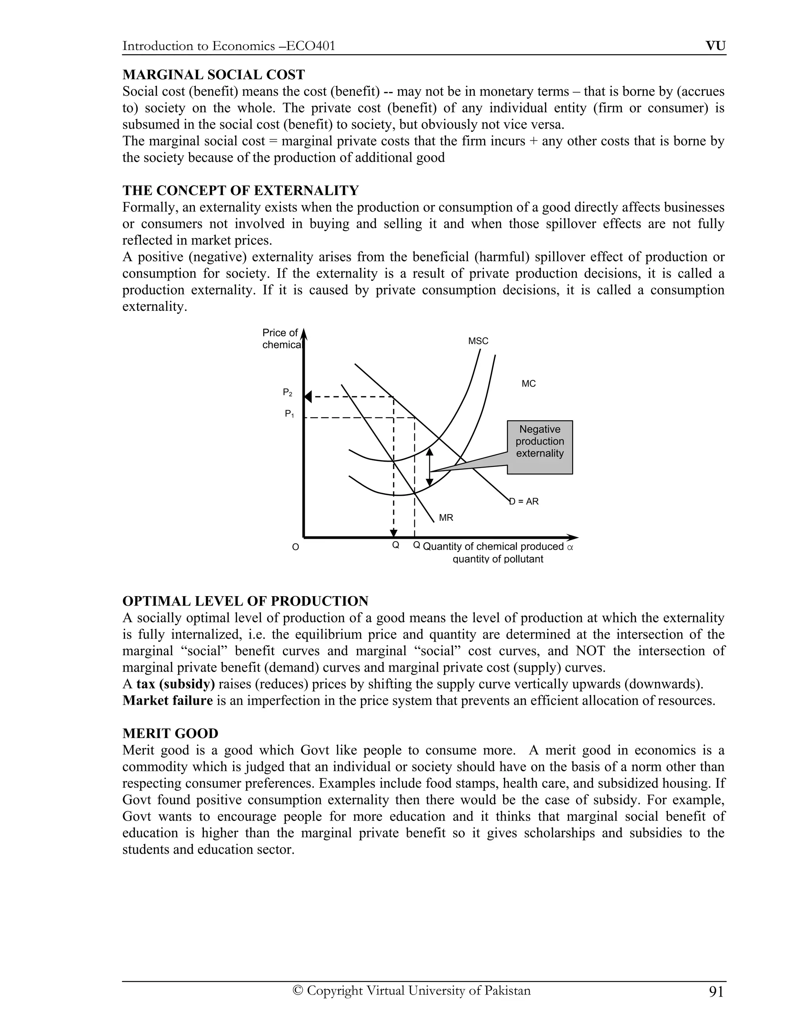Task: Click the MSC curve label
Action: (478, 341)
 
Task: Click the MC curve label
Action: (529, 384)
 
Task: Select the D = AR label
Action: (524, 502)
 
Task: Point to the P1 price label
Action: (289, 414)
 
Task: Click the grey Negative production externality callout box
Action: (540, 447)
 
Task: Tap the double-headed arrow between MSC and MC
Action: (429, 468)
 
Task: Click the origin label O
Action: (295, 547)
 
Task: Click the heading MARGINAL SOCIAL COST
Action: (213, 75)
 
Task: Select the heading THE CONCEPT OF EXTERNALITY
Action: (241, 191)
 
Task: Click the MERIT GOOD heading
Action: (170, 733)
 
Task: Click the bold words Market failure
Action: (167, 701)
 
